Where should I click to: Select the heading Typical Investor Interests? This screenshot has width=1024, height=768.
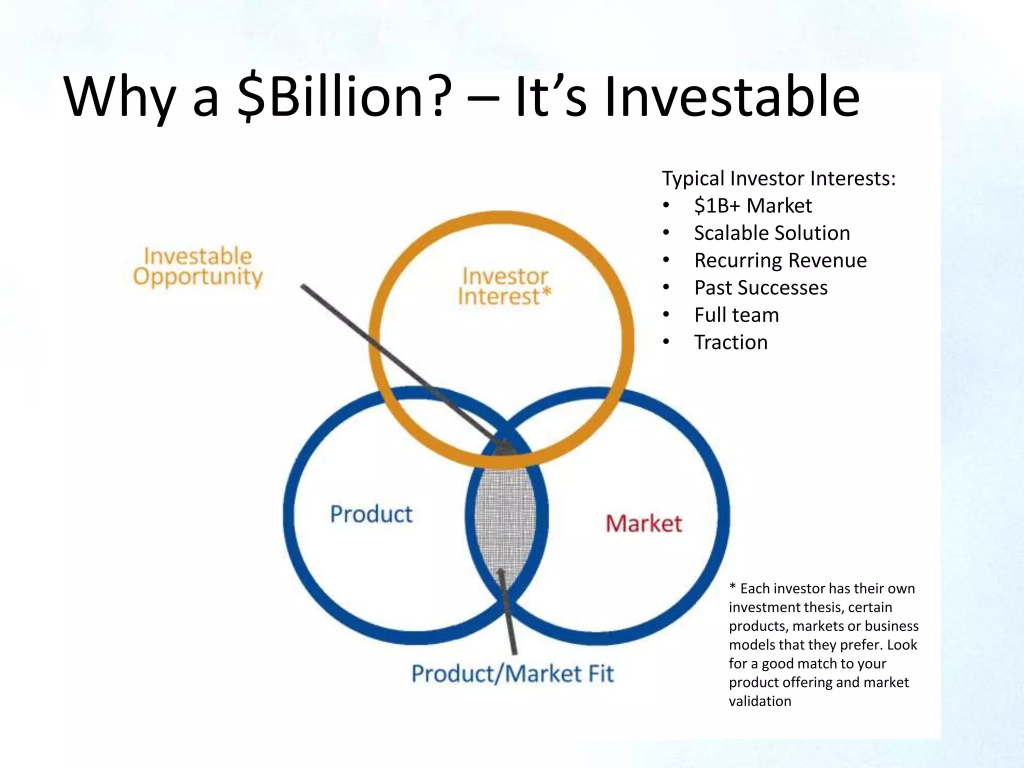[778, 178]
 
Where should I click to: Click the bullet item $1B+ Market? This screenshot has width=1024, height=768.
[752, 205]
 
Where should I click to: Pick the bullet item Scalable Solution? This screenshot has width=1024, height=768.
[771, 233]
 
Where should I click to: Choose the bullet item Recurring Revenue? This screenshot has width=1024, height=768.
[780, 260]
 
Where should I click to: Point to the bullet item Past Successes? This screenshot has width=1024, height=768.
[760, 288]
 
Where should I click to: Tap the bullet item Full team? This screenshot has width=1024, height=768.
[736, 315]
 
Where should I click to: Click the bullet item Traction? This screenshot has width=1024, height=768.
[730, 342]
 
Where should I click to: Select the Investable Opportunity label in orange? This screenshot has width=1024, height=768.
[197, 266]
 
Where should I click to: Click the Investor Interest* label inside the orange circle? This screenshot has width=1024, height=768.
[504, 286]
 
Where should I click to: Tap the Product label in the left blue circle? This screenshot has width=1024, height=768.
[371, 514]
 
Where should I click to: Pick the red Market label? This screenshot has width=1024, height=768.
[643, 523]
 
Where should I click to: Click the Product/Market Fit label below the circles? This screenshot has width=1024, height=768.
[512, 673]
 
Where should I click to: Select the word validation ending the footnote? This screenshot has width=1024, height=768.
[759, 701]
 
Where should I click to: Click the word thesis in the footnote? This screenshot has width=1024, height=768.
[824, 607]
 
